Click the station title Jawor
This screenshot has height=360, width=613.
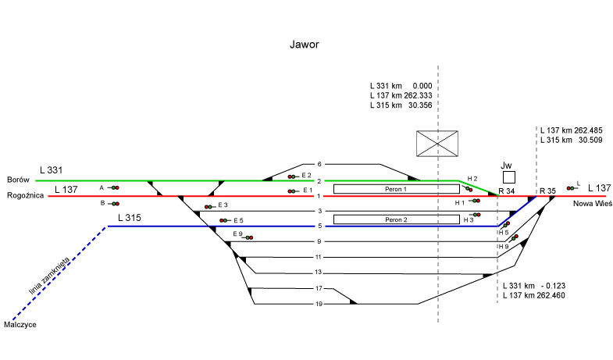306,46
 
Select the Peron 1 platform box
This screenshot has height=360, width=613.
396,189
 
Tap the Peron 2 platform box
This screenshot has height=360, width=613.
396,219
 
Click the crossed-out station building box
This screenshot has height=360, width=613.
437,145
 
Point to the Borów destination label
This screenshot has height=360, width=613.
18,179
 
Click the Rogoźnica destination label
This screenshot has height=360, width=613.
23,196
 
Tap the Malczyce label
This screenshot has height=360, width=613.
20,324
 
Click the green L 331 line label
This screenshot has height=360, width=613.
52,169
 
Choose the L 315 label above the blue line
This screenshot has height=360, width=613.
130,216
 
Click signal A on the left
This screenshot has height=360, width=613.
114,187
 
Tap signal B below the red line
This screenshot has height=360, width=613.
114,203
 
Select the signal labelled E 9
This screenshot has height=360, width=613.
248,237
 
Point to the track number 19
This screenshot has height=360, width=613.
319,304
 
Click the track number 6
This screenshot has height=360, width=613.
319,164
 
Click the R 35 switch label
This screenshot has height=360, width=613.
547,191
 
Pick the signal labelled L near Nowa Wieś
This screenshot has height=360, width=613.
572,187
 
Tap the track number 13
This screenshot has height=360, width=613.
319,273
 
